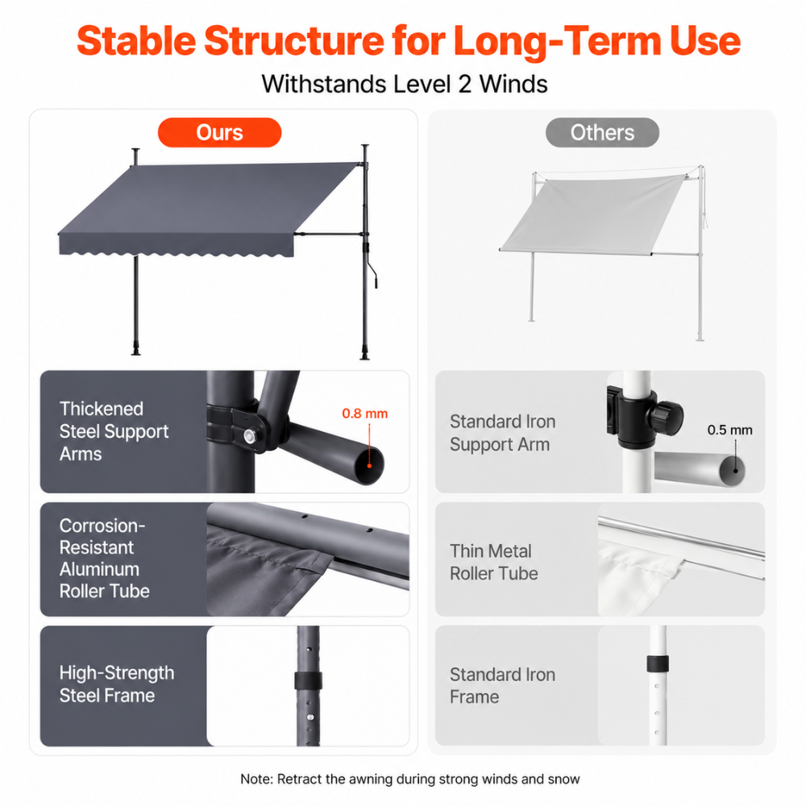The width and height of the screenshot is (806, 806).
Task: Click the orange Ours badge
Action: tap(219, 133)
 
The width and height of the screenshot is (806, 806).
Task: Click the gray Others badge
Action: tap(602, 133)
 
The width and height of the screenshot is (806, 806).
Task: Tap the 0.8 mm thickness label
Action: tap(365, 413)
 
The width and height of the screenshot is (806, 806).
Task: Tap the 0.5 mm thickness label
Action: tap(729, 430)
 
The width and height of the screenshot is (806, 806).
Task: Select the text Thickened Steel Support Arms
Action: tap(114, 431)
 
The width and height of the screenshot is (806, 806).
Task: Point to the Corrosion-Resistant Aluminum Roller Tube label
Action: tap(104, 559)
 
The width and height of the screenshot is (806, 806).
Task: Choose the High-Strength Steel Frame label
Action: tap(117, 683)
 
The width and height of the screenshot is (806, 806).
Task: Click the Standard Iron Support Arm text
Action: tap(503, 433)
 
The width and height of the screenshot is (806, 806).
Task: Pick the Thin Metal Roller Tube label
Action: tap(494, 562)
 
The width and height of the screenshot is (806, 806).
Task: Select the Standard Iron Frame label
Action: tap(503, 685)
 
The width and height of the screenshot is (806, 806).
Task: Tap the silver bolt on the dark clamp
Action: tap(250, 436)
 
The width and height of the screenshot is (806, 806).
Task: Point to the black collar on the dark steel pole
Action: tap(309, 680)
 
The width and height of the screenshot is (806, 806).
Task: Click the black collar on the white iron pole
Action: tap(658, 663)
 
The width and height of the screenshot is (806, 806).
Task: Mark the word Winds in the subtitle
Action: tap(513, 84)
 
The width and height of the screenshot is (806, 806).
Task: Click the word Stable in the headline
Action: tap(136, 40)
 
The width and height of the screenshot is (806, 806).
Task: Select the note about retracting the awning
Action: tap(409, 779)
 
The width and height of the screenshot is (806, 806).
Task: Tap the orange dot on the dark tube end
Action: tap(369, 466)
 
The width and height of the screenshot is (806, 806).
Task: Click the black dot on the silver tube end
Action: tap(736, 470)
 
